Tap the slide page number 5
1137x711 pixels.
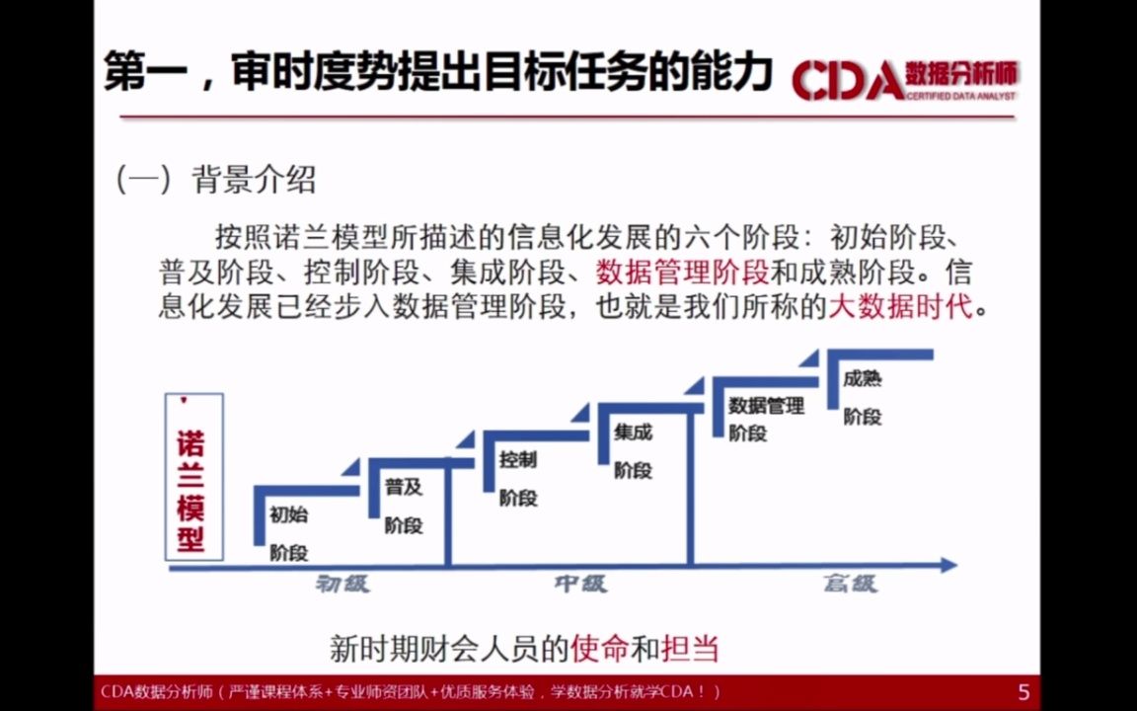(1023, 692)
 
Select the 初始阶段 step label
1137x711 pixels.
(289, 533)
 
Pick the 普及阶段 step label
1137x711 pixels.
(404, 506)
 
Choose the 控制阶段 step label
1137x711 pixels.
(518, 478)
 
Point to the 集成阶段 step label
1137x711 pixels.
(633, 450)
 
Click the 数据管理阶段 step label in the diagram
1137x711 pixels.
(766, 419)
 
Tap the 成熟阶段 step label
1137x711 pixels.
(863, 397)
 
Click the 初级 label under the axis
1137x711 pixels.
(342, 584)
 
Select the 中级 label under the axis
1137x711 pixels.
(580, 584)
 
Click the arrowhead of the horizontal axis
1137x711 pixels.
(948, 566)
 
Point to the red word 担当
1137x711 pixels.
(690, 649)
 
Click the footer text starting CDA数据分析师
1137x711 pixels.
(410, 692)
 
